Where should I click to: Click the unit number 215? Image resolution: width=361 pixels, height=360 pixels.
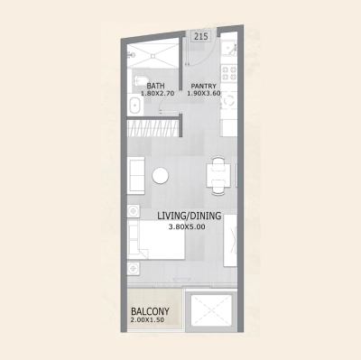pos(201,38)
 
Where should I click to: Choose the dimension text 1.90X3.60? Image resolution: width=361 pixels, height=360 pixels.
pos(204,94)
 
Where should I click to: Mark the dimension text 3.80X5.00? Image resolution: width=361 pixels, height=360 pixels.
pos(187,226)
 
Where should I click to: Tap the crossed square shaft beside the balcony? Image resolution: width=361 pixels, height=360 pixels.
pos(209,310)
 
